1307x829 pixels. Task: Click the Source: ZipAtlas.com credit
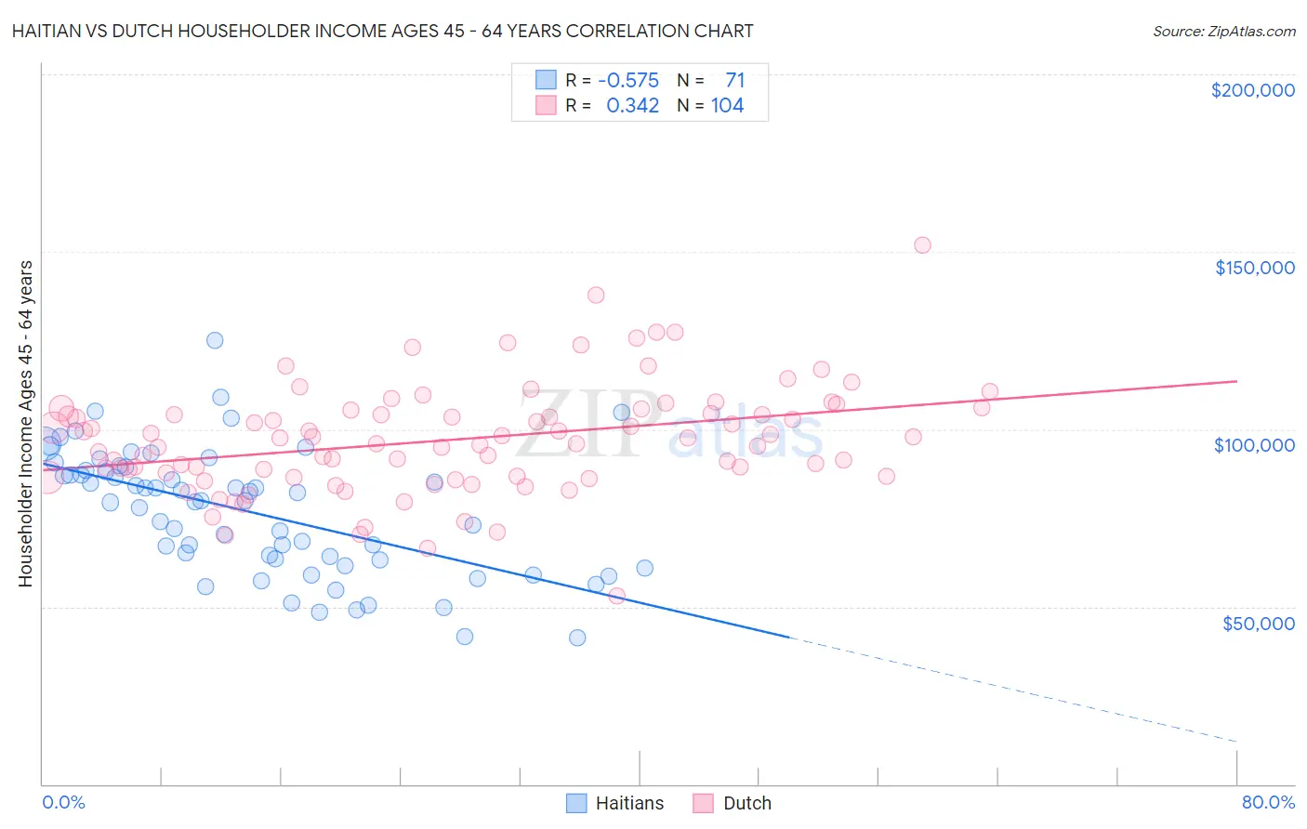point(1223,31)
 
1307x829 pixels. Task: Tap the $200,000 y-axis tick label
point(1252,90)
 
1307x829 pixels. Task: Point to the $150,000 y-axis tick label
point(1254,268)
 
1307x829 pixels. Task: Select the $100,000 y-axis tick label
point(1254,445)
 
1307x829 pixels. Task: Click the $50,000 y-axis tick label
point(1258,623)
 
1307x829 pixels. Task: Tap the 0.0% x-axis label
point(63,802)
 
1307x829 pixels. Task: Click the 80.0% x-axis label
point(1267,802)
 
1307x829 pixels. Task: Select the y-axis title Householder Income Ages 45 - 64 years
point(26,424)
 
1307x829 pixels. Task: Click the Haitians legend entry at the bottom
point(615,803)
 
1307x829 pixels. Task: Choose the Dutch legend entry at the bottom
point(733,803)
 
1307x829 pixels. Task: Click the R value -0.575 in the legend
point(628,81)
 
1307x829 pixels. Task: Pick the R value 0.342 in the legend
point(632,106)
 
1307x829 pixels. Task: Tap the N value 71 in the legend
point(734,81)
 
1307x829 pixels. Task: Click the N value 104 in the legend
point(727,106)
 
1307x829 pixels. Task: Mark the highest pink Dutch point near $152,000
point(922,245)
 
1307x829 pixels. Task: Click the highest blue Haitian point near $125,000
point(215,340)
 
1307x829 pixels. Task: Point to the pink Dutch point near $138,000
point(596,296)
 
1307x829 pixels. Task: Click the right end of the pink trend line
point(1236,381)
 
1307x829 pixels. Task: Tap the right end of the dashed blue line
point(1236,741)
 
